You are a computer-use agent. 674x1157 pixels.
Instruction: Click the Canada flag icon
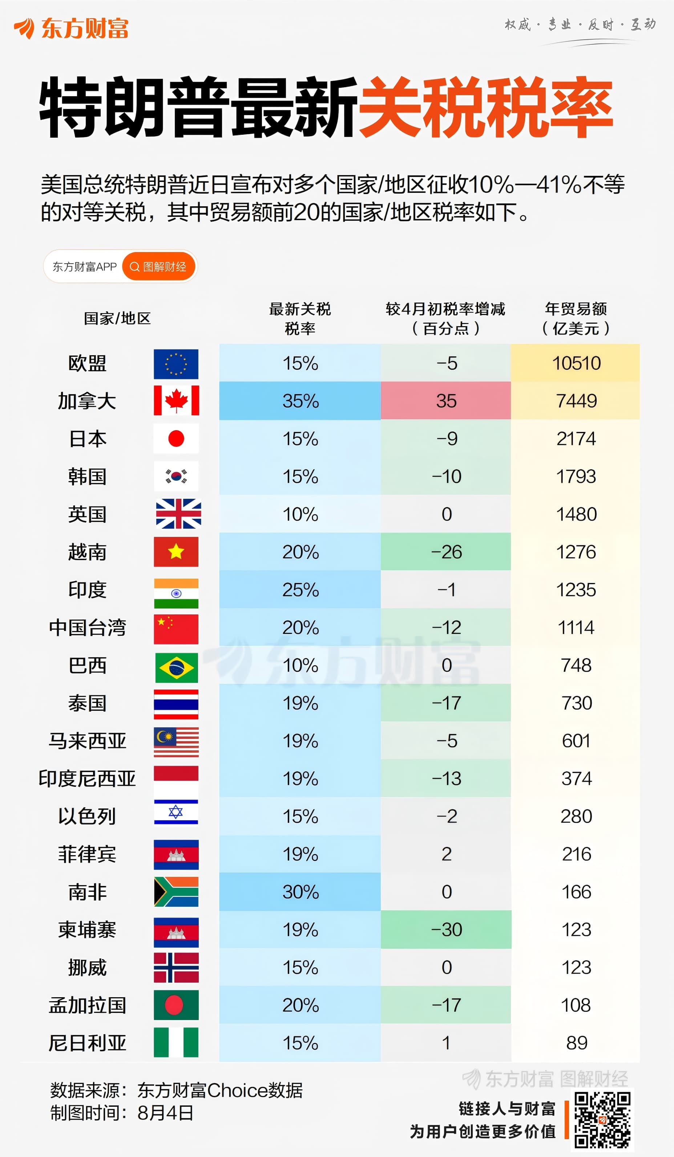click(x=176, y=400)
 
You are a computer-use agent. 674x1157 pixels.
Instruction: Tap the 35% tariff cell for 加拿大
click(x=300, y=401)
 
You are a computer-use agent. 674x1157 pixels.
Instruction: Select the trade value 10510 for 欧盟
click(x=576, y=363)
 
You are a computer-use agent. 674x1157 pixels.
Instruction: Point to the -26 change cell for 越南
click(x=446, y=552)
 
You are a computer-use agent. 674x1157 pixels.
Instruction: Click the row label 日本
click(x=87, y=439)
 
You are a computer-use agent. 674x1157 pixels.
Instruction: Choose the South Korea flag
click(x=176, y=476)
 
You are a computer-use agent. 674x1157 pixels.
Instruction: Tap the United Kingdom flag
click(x=178, y=514)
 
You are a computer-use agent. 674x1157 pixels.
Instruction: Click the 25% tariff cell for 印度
click(x=300, y=590)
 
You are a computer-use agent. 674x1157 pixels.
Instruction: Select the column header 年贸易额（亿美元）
click(x=576, y=318)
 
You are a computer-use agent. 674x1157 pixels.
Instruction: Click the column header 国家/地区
click(x=117, y=318)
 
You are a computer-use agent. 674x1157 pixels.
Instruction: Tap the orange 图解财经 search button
click(x=159, y=266)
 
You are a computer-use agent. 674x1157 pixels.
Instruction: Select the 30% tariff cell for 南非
click(x=300, y=891)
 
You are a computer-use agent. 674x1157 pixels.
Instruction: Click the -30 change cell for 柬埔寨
click(x=446, y=930)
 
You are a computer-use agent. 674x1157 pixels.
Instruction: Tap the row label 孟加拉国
click(x=87, y=1005)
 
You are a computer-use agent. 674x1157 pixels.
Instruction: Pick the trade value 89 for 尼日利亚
click(x=577, y=1043)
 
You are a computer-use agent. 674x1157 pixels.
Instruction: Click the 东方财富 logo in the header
click(x=71, y=28)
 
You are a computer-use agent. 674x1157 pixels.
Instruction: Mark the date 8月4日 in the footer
click(x=165, y=1113)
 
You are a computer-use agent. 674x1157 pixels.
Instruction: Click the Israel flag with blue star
click(x=176, y=812)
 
